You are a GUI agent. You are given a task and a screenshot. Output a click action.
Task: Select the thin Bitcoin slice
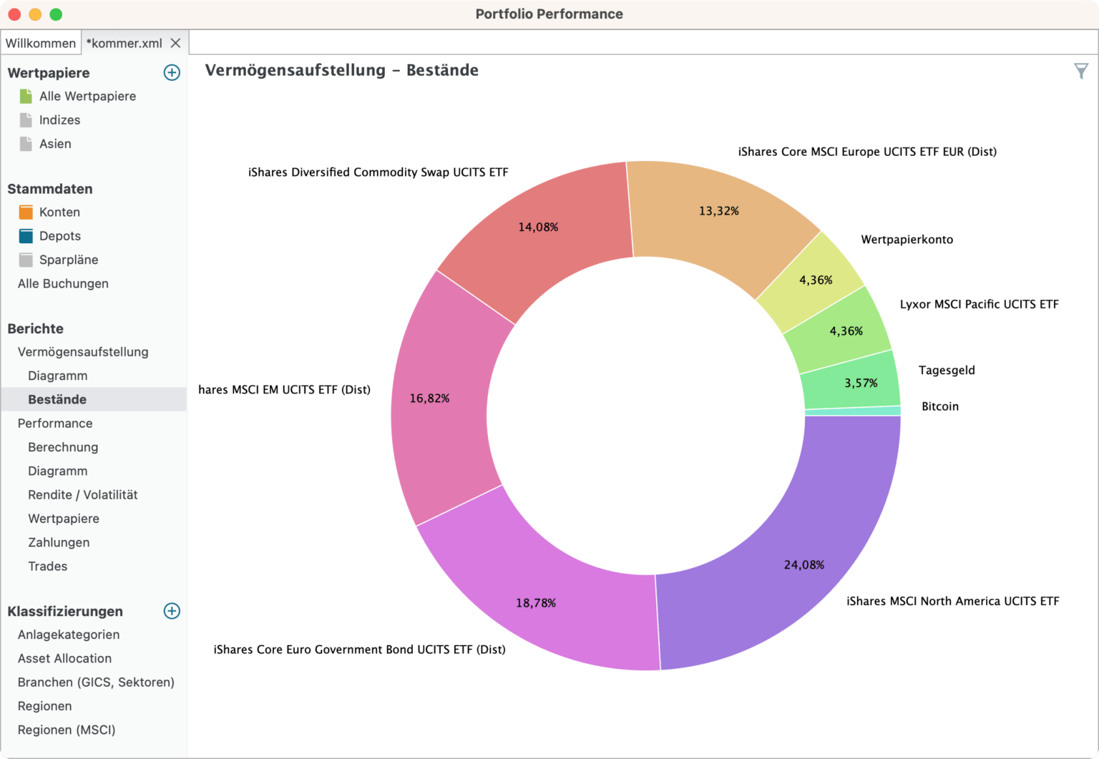852,411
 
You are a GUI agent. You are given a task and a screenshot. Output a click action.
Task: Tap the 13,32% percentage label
718,211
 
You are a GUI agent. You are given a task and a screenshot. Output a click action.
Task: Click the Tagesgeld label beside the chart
947,370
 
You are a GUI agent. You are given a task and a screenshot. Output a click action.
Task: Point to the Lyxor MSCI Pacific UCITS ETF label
979,304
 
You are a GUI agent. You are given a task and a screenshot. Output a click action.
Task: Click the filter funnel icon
1080,71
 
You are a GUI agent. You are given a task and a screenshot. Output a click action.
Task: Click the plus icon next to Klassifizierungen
172,611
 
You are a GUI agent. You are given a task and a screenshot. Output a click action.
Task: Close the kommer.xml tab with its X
175,43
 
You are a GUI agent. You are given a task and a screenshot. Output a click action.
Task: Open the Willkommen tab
41,43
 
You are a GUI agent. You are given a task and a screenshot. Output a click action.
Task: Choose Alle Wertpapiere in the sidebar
87,96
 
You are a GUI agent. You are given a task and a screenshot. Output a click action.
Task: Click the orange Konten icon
26,212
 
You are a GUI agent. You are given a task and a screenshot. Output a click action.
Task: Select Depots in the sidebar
60,236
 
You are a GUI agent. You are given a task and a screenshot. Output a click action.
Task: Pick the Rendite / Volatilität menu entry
82,495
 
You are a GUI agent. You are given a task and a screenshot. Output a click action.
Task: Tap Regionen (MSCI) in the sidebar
67,730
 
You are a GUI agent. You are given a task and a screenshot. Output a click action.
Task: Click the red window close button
14,14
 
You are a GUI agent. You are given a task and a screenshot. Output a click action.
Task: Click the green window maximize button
56,14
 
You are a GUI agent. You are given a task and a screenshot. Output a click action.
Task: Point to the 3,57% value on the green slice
861,383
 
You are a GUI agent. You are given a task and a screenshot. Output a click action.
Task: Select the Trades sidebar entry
48,567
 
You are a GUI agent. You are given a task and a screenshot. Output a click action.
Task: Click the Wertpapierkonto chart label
907,240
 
